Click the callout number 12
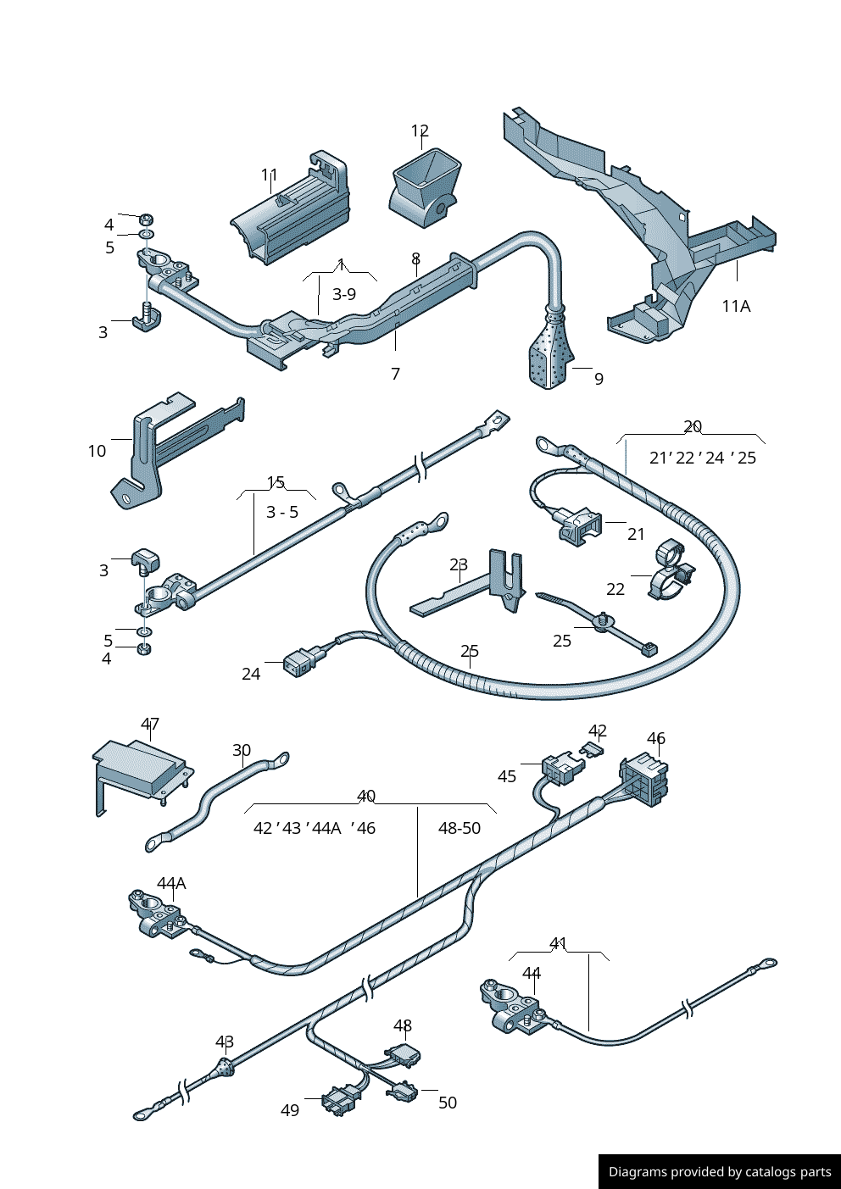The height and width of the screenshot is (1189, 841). pyautogui.click(x=420, y=131)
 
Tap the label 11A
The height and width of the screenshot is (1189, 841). pyautogui.click(x=736, y=306)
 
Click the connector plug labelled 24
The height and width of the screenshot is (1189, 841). pyautogui.click(x=299, y=662)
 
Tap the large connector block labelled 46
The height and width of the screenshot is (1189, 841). pyautogui.click(x=646, y=779)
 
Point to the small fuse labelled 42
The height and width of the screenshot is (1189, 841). pyautogui.click(x=593, y=749)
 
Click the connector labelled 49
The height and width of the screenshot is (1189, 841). pyautogui.click(x=340, y=1100)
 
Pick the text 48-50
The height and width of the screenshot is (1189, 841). pyautogui.click(x=459, y=828)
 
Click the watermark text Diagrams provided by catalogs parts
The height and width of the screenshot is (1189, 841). pyautogui.click(x=720, y=1172)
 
